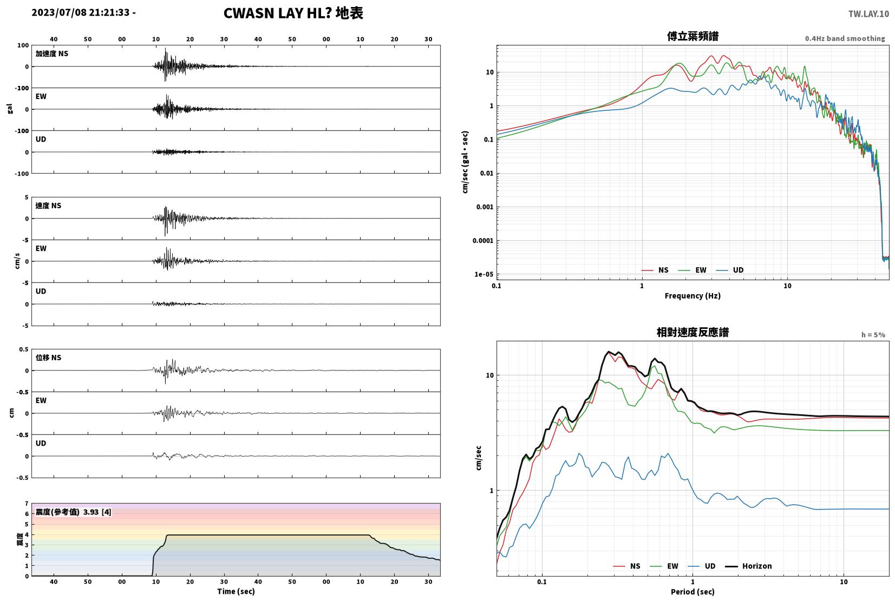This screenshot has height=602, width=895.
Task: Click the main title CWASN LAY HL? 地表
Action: [293, 13]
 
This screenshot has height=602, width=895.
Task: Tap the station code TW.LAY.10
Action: [868, 14]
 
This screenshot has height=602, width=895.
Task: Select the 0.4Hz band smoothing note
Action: [845, 38]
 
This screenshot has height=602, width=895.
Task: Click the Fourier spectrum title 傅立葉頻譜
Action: [693, 36]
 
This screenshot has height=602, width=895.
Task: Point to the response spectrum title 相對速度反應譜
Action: [693, 332]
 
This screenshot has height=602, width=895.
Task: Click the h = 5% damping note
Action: [873, 334]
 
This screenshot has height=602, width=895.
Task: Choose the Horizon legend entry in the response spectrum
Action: [748, 566]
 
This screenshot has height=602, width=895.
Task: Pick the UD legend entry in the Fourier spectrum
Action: [729, 270]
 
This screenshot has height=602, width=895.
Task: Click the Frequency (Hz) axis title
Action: [693, 296]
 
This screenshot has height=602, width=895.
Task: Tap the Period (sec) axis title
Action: [693, 592]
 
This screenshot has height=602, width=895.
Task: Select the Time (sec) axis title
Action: [236, 591]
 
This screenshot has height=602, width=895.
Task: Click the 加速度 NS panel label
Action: [52, 54]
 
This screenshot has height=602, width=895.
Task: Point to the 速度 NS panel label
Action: [48, 206]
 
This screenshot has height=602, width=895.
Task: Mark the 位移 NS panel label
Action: [48, 358]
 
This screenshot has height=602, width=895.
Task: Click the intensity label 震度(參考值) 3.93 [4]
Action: [74, 512]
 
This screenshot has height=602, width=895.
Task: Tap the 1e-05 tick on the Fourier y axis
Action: [484, 274]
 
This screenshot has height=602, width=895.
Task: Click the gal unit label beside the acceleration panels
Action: [10, 109]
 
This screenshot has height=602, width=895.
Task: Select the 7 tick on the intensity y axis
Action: [27, 504]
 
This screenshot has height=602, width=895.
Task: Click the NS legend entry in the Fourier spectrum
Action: [655, 270]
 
